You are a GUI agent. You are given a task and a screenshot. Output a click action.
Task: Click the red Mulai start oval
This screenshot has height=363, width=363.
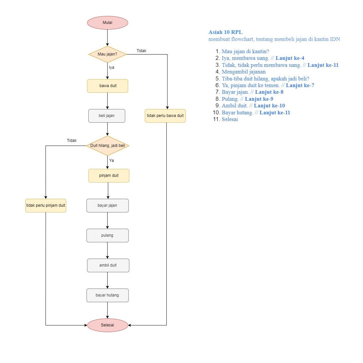[107, 23]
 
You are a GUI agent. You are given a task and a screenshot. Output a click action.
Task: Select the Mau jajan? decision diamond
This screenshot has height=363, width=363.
[107, 54]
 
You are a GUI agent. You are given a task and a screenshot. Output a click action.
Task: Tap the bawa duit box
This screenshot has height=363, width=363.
[108, 86]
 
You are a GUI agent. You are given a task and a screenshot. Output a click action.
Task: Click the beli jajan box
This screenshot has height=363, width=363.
[107, 116]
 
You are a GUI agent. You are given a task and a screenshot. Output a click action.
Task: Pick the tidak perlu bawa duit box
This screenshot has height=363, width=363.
[165, 116]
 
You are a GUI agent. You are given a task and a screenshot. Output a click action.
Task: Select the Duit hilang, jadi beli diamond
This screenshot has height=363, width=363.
[107, 146]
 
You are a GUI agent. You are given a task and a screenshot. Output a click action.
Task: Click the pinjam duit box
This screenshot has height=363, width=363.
[109, 176]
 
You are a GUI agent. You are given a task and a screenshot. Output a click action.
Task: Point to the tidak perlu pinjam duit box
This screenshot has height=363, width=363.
[45, 205]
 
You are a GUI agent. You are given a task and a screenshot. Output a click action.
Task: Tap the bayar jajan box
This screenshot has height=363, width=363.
[107, 205]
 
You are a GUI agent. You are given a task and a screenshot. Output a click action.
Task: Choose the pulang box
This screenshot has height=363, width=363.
[107, 235]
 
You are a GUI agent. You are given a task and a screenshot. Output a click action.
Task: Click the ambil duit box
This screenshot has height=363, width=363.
[108, 265]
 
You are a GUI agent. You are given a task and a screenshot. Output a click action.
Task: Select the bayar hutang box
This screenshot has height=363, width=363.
[107, 295]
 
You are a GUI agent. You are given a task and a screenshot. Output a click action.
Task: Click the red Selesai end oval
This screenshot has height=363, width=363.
[107, 325]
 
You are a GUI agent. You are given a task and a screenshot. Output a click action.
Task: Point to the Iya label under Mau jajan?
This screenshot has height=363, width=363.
[112, 67]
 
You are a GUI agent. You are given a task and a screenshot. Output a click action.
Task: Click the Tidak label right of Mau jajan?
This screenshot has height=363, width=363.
[141, 51]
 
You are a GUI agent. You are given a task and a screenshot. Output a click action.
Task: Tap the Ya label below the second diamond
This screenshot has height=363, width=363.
[112, 160]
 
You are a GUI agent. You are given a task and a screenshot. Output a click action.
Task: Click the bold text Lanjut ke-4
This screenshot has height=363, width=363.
[290, 58]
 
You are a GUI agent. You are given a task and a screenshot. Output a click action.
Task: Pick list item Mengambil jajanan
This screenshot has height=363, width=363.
[243, 71]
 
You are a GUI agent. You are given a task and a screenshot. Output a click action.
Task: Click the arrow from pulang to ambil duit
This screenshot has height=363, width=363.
[107, 250]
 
